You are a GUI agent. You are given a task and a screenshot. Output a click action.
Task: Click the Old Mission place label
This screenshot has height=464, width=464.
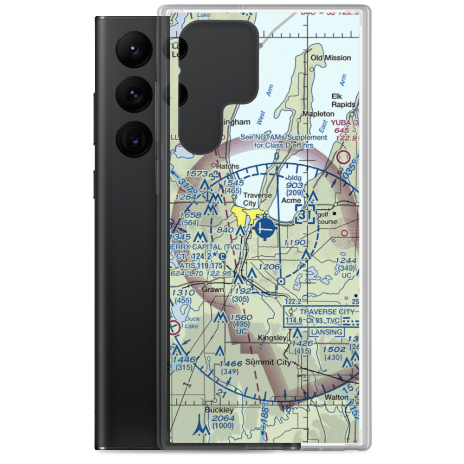(331, 58)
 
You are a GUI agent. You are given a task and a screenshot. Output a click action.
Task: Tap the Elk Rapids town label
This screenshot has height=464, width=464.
(343, 100)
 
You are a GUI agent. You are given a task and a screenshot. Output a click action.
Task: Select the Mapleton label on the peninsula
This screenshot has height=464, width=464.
(318, 114)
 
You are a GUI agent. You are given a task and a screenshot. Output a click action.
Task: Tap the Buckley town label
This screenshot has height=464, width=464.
(219, 410)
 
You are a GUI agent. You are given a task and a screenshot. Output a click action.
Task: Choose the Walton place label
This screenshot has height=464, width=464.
(336, 397)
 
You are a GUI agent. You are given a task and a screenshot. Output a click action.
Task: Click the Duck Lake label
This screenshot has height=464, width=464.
(191, 322)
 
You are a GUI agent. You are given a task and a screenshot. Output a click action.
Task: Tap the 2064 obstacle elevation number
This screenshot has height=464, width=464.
(223, 419)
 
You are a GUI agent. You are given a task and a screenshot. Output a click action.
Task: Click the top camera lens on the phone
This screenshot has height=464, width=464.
(133, 48)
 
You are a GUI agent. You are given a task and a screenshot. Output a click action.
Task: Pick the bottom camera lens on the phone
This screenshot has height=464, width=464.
(133, 138)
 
